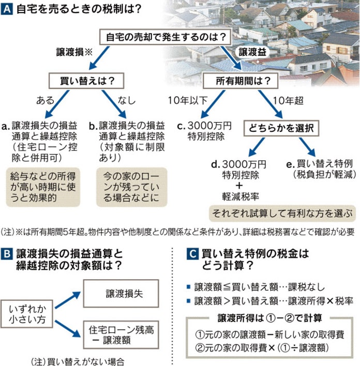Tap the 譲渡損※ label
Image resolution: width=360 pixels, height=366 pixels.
[x=73, y=52]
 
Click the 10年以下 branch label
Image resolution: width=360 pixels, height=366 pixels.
[x=182, y=99]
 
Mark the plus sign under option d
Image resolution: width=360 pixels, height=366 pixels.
[x=239, y=185]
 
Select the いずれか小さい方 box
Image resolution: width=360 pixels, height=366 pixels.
[x=27, y=314]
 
